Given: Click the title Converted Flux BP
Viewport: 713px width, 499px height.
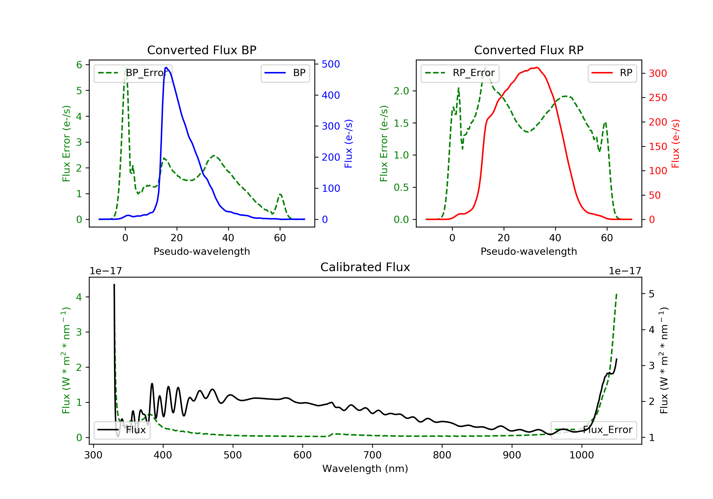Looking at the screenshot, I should point(202,50).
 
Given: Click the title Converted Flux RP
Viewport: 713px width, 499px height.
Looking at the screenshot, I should point(529,50).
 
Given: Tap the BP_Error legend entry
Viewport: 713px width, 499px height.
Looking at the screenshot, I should point(133,73).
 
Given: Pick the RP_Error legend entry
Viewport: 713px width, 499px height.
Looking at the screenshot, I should point(460,73).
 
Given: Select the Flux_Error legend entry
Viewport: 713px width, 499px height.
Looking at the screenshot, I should point(594,430).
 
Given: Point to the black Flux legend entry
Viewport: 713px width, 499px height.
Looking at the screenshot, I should point(122,430).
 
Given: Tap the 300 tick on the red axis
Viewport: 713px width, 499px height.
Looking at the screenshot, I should point(658,74).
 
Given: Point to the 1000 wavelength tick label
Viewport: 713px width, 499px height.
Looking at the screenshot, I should point(581,455).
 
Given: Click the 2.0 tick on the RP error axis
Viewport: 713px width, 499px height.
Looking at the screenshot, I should point(401,91).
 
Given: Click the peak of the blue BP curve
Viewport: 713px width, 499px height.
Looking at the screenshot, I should point(166,67).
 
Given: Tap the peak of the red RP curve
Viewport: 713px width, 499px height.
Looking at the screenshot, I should point(537,67).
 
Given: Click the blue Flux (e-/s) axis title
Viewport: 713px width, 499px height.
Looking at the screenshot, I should point(348,144).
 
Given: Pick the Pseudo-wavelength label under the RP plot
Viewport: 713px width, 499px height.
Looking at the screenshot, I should point(529,251).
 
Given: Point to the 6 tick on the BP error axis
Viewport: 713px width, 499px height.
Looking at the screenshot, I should point(79,65).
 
